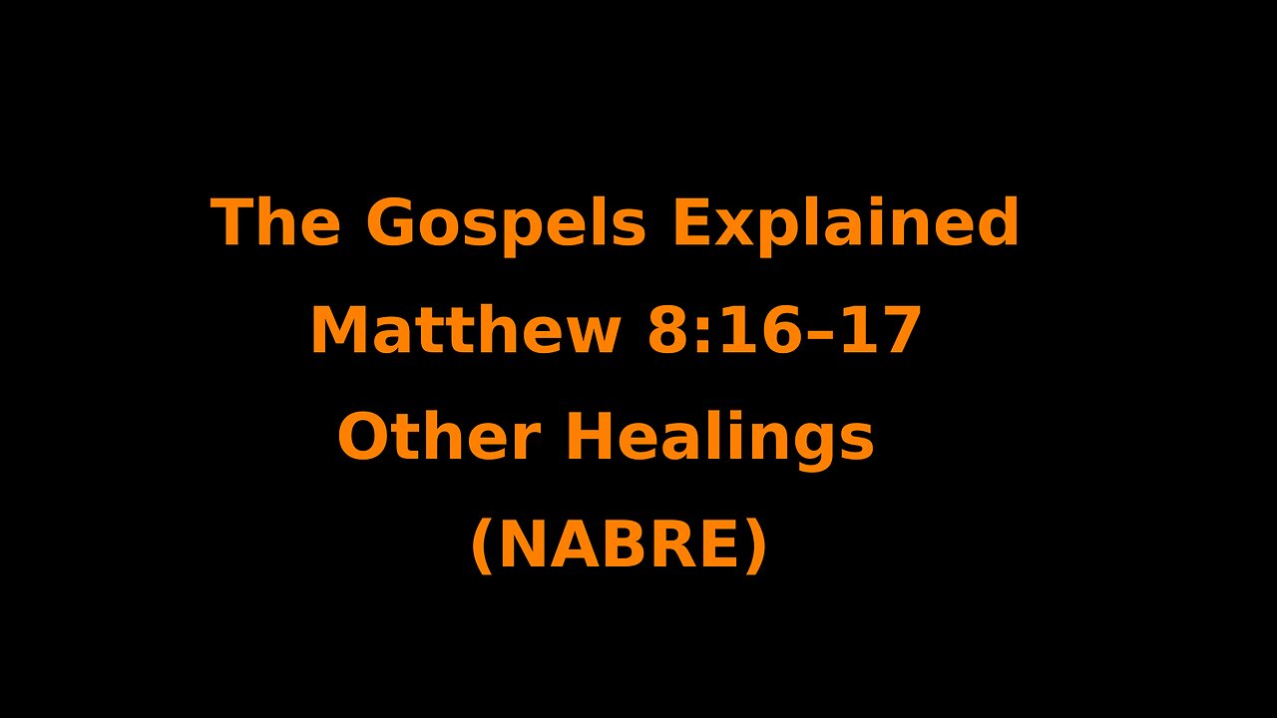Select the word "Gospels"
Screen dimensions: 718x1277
pyautogui.click(x=506, y=223)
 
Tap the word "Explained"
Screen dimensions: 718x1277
pyautogui.click(x=846, y=223)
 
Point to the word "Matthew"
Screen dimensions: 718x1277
pyautogui.click(x=467, y=331)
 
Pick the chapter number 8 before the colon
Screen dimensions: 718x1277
pyautogui.click(x=666, y=332)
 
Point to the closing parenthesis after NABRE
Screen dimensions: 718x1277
pyautogui.click(x=757, y=547)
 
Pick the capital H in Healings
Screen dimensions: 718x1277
pyautogui.click(x=589, y=439)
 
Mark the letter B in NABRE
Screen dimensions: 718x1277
pyautogui.click(x=627, y=546)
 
